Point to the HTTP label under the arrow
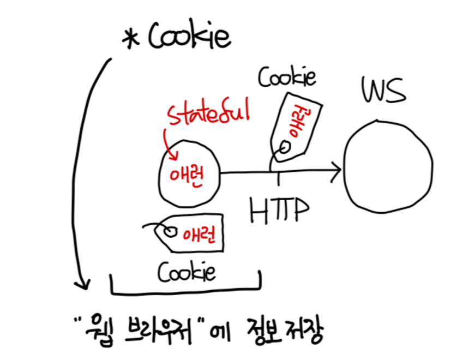[x=278, y=208]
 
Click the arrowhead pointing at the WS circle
[x=336, y=171]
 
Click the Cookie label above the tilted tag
[x=287, y=78]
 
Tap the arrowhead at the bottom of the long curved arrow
[x=82, y=283]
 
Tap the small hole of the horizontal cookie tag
[x=172, y=232]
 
